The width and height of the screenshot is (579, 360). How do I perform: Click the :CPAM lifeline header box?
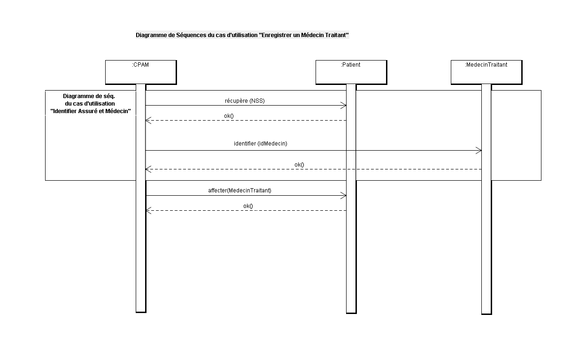[x=141, y=72]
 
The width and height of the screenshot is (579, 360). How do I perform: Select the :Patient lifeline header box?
[x=351, y=72]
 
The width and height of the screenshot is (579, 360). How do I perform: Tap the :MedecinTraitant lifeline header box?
[x=486, y=72]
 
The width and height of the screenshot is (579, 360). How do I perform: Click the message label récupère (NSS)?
[x=245, y=101]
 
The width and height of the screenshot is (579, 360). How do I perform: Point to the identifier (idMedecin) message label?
[x=261, y=144]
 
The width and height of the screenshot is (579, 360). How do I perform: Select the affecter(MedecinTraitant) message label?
[x=239, y=191]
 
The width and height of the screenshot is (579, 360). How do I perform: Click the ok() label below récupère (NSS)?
[x=229, y=116]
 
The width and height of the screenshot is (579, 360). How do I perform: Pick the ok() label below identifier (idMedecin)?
[x=299, y=165]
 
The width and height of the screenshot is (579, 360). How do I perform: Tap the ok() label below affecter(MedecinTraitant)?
[x=248, y=206]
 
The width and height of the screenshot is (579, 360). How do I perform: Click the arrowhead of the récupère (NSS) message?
[x=346, y=106]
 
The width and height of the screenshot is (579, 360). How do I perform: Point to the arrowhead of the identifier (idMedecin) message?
[x=481, y=150]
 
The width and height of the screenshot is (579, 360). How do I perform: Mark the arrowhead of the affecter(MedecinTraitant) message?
[x=346, y=196]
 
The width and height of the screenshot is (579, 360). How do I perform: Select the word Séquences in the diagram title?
[x=191, y=35]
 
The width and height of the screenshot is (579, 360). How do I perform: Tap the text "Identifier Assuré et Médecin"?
[x=91, y=111]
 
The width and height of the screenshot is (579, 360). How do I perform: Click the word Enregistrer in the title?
[x=275, y=35]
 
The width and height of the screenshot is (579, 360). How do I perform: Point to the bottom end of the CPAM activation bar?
[x=141, y=313]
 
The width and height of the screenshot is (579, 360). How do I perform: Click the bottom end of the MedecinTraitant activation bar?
[x=486, y=314]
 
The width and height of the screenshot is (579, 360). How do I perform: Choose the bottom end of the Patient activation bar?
[x=351, y=313]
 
